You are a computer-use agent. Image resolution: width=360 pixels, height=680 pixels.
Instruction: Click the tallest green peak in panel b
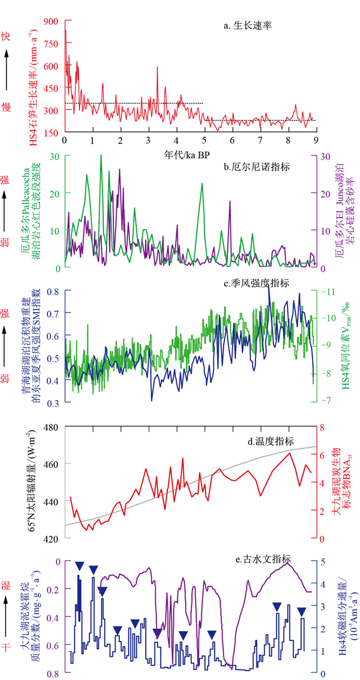click(101, 155)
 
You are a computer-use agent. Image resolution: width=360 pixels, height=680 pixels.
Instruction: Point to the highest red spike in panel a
click(65, 31)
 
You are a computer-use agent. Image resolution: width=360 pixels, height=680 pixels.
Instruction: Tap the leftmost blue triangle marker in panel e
click(79, 566)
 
